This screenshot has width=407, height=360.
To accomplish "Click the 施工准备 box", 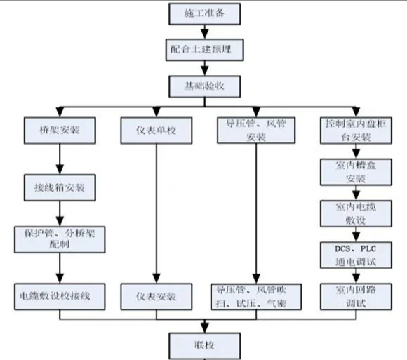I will click(203, 13).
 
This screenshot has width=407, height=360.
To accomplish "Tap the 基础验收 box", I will click(203, 87).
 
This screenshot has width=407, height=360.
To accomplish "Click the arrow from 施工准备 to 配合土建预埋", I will click(203, 32).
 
